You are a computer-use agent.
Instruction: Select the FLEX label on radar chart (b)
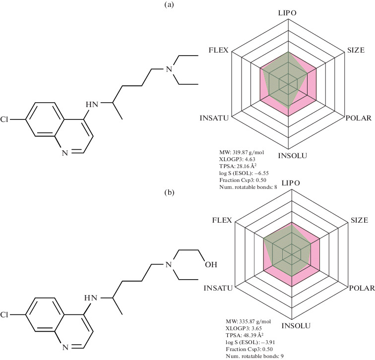[221, 220]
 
